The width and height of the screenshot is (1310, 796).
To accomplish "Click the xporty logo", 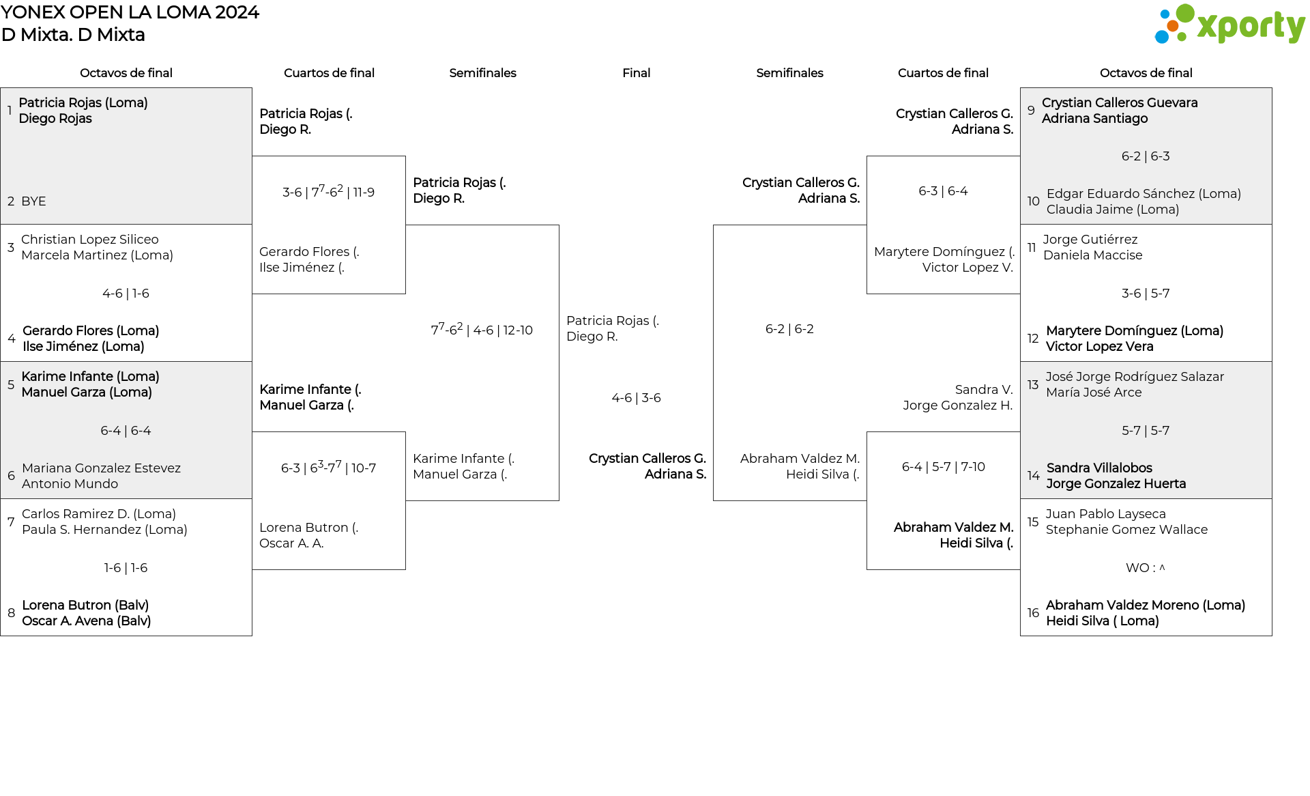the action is (1229, 25).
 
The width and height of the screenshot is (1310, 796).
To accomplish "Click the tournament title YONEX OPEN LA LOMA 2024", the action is (130, 12).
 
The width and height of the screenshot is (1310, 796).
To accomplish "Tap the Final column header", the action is (636, 73).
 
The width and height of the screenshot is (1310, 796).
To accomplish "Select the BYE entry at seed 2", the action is (33, 201).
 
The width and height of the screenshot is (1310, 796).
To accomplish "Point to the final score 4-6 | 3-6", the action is (636, 398).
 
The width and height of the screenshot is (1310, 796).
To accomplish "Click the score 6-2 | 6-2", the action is (789, 329).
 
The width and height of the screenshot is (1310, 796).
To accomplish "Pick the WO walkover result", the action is (1146, 568).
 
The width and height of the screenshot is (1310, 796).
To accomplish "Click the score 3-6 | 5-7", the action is (1146, 294).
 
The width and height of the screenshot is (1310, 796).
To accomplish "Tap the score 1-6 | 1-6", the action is (126, 568).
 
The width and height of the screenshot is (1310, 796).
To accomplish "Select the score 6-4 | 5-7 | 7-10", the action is (943, 467).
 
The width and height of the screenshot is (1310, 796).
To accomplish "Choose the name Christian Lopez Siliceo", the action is (90, 240).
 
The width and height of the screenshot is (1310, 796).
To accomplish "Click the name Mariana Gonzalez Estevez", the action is (101, 468).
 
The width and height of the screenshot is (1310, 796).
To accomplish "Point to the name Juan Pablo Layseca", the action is (1105, 514).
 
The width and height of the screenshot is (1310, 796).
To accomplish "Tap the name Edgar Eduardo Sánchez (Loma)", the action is (1144, 194).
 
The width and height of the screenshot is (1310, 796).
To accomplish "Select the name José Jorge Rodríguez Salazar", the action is (1135, 377).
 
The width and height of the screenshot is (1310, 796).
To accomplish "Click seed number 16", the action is (1033, 613).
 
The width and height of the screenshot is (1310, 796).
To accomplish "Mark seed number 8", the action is (11, 613).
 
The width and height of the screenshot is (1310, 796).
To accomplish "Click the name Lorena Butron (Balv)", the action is (85, 606).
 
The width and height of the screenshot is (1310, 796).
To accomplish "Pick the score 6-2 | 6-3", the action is (1146, 156).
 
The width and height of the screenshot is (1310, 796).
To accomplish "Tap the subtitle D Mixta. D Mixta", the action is (73, 35).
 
